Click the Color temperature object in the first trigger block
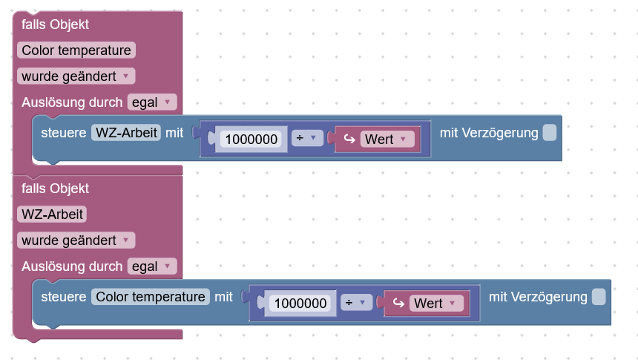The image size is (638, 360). pos(76,50)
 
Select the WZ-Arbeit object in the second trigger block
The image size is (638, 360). pos(52,215)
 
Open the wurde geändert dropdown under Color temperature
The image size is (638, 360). pos(76,76)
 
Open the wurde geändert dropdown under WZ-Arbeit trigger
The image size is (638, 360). pos(76,240)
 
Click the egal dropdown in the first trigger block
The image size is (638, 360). pos(152,102)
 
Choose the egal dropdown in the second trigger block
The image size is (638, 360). pos(152,266)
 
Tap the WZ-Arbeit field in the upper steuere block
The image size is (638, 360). pos(126,133)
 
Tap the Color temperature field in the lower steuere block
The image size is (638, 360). pos(151,297)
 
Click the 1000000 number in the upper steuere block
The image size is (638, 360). pos(251,140)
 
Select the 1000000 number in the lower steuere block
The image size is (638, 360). pos(300,304)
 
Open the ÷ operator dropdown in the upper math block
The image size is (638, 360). pos(307,139)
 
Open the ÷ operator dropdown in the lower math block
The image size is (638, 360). pos(356,303)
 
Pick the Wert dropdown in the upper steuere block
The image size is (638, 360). pos(387,140)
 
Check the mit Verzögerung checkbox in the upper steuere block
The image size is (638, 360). pos(550,133)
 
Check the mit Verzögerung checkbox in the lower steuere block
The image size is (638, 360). pos(599,297)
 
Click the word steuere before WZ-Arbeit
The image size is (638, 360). pos(64,133)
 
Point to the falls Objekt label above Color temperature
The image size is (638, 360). pos(55,24)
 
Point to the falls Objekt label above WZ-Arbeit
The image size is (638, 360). pos(55,189)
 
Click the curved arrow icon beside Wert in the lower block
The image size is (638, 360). pos(398,303)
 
